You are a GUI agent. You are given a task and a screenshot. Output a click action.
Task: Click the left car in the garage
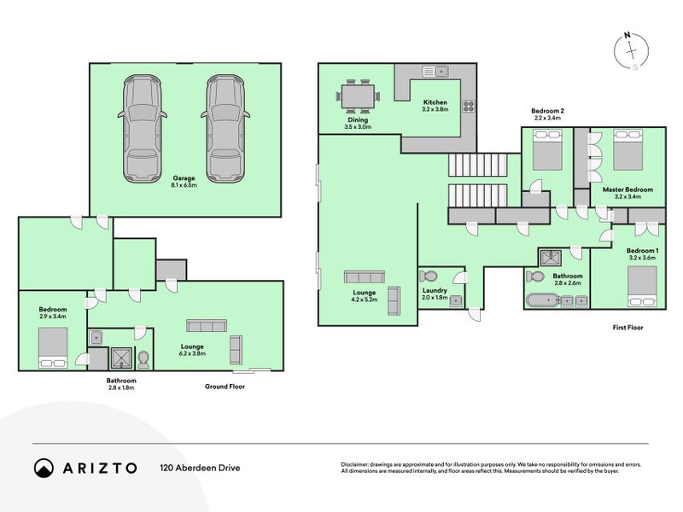pos(142,129)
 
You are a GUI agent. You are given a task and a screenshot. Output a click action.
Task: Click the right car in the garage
pos(225,129)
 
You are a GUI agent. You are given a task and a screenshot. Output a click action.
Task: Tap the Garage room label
pos(184,178)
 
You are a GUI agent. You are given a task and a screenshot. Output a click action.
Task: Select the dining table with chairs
pos(358,96)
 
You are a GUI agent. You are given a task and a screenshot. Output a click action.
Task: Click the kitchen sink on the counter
pos(435,71)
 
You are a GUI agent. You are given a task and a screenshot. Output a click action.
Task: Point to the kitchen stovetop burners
pos(469,106)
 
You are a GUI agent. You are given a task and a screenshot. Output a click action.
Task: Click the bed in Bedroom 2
pos(547,149)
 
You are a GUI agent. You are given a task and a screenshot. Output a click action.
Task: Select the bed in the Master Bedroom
pos(628,149)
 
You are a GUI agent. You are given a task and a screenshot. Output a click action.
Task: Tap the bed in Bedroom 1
pos(642,287)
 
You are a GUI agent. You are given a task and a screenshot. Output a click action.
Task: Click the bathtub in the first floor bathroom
pos(542,301)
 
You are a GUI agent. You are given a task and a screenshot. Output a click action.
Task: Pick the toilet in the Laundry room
pos(429,276)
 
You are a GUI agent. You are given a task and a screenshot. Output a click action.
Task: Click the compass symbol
pos(631,51)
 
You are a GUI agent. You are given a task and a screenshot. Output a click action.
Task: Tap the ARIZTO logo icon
pos(44,468)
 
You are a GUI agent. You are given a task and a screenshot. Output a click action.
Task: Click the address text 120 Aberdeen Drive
pos(200,468)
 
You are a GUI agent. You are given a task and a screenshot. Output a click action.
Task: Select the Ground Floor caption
pos(225,387)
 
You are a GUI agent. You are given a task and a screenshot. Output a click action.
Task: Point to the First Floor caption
pos(628,328)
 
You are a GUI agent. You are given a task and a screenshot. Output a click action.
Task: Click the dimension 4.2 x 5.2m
pos(365,300)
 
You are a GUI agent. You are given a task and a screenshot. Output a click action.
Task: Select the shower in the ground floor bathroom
pos(120,358)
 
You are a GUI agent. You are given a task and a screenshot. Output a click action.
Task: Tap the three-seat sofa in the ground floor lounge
pos(207,326)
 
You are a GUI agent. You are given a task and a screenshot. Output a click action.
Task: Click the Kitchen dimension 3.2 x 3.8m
pos(435,109)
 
